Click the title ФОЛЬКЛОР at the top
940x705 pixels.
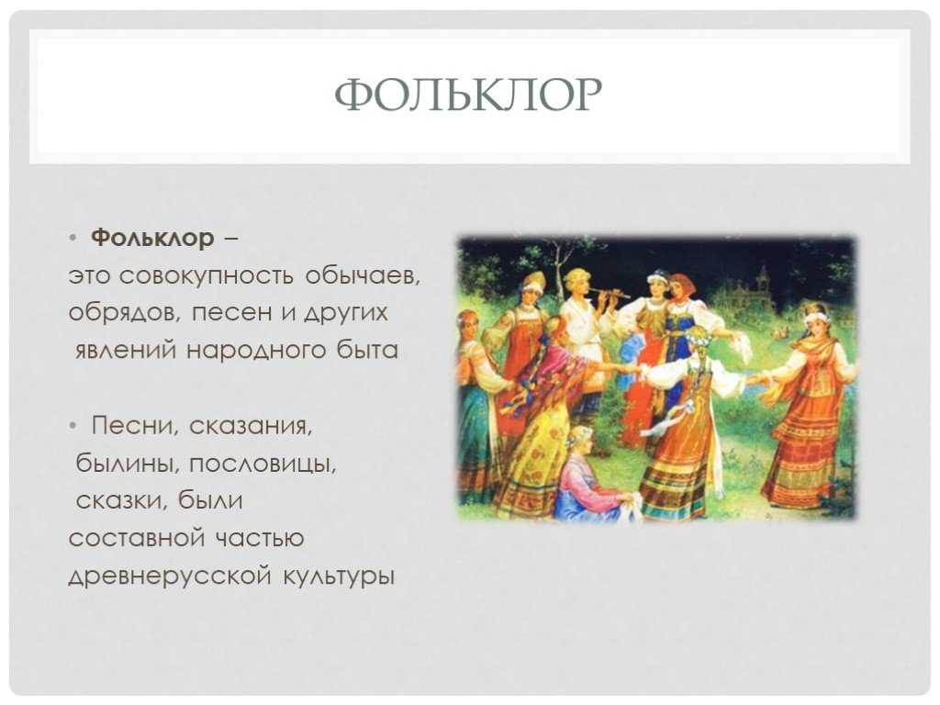[x=468, y=95]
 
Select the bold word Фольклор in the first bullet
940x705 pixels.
[x=152, y=238]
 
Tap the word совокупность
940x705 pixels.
[x=207, y=276]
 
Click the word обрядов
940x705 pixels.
[x=125, y=313]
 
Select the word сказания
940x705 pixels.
[x=252, y=426]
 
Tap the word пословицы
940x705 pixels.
[x=263, y=464]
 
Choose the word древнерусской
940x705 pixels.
[x=169, y=576]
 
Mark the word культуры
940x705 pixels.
[x=339, y=576]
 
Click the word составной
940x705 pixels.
[x=136, y=538]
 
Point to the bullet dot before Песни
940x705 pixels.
[x=73, y=426]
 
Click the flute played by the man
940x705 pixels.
[x=608, y=292]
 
